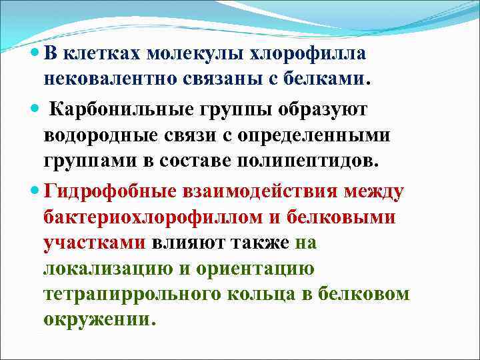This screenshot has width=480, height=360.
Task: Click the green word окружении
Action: point(97,319)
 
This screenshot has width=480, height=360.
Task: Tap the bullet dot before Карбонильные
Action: point(35,109)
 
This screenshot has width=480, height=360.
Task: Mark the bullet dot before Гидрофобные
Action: point(35,192)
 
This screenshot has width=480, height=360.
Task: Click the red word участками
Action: point(94,243)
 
